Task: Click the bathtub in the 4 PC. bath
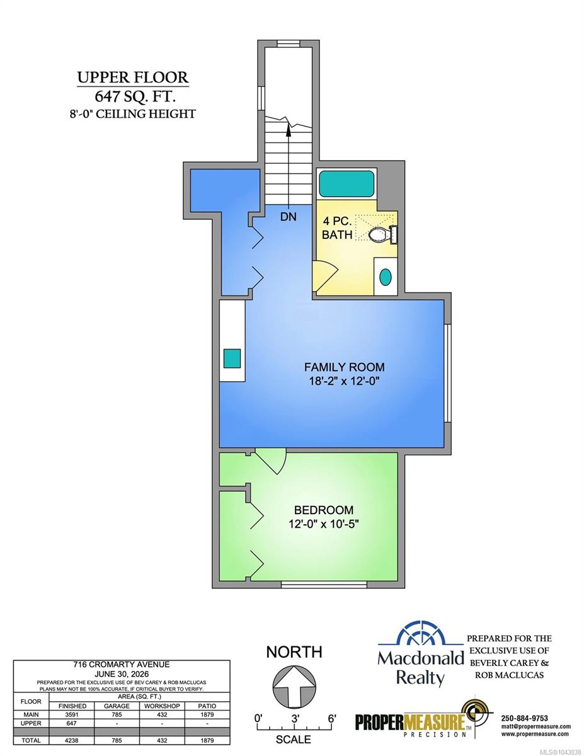click(346, 184)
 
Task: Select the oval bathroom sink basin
click(386, 277)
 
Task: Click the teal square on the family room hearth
click(232, 358)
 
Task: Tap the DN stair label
click(289, 217)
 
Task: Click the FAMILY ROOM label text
click(345, 367)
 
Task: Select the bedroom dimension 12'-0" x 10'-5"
click(323, 524)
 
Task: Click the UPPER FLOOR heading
click(133, 77)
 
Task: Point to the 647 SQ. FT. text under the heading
click(135, 96)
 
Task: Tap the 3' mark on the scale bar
click(295, 718)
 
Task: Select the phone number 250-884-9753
click(524, 718)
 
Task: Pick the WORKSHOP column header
click(162, 706)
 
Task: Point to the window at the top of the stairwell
click(289, 43)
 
